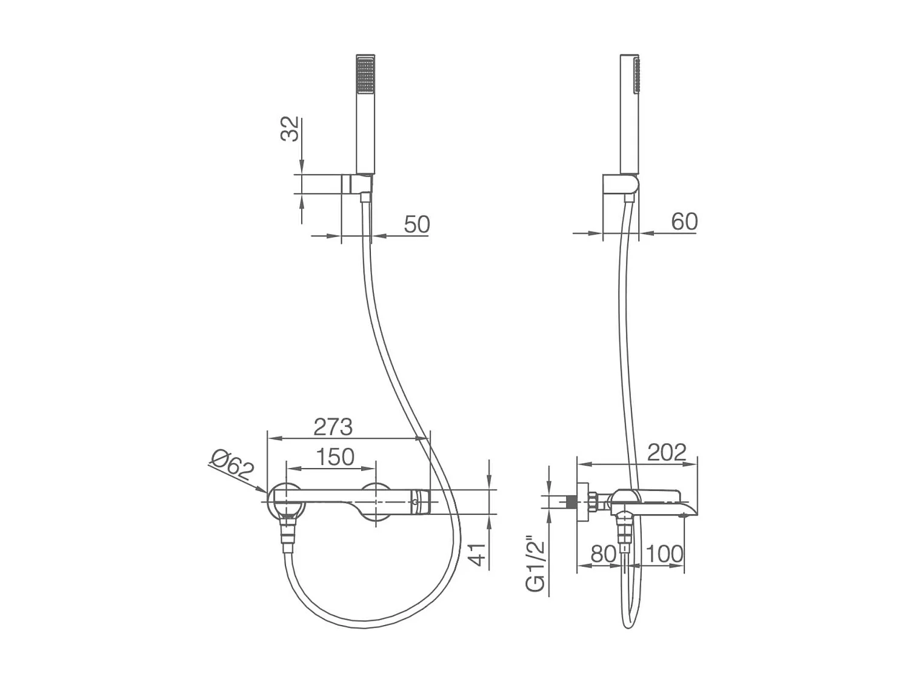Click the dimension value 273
tap(333, 427)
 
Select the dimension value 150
tap(335, 456)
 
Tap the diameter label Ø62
tap(231, 465)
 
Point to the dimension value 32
tap(291, 129)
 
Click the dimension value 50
tap(416, 224)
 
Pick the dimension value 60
tap(684, 221)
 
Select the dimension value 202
tap(667, 452)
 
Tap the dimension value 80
tap(603, 553)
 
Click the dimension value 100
tap(664, 553)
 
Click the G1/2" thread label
tap(536, 564)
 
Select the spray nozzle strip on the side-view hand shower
tap(636, 75)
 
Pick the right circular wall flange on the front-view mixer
tap(376, 502)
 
